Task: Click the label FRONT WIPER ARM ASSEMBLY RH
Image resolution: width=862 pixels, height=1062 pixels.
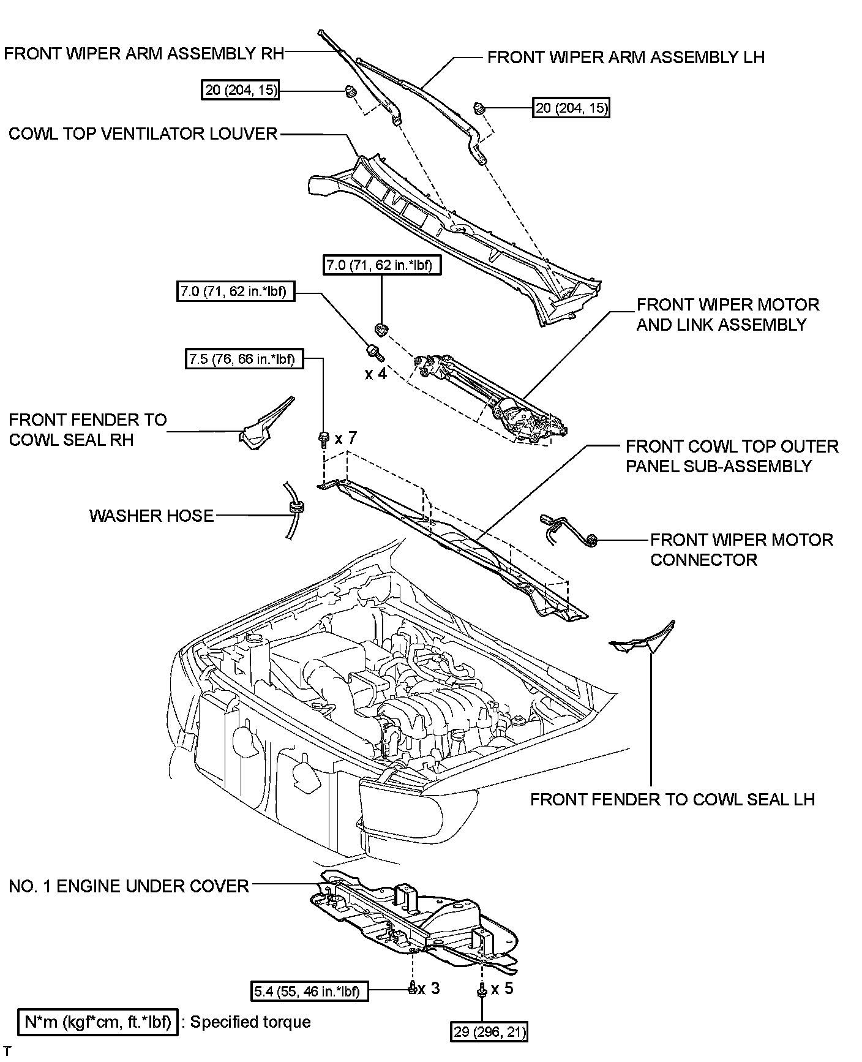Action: tap(144, 53)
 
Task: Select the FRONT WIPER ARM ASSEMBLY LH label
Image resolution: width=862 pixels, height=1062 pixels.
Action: tap(626, 58)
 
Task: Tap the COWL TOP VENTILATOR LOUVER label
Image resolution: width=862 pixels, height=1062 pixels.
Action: tap(143, 134)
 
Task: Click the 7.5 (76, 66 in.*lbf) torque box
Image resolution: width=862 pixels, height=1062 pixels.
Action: tap(245, 359)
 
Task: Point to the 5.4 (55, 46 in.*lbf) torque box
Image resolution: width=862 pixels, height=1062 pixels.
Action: tap(310, 990)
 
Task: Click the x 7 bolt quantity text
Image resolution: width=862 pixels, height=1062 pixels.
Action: tap(345, 438)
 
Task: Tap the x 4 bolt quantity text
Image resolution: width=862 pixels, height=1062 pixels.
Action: tap(376, 373)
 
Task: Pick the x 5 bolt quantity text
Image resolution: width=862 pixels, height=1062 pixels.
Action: tap(502, 989)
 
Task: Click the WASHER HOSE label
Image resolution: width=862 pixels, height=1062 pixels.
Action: tap(152, 516)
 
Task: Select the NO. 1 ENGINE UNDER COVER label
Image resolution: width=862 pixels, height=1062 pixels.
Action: tap(129, 886)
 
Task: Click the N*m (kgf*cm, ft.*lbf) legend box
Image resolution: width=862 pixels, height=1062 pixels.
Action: tap(98, 1022)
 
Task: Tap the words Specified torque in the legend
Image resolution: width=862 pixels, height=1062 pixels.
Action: tap(250, 1022)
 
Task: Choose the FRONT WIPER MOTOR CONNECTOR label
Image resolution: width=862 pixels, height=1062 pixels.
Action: tap(741, 549)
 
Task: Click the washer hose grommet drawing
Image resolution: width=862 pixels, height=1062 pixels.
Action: tap(296, 508)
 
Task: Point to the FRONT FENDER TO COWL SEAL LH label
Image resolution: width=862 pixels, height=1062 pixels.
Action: tap(672, 799)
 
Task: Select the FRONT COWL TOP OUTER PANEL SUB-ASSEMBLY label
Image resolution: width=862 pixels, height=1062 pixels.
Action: tap(732, 456)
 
